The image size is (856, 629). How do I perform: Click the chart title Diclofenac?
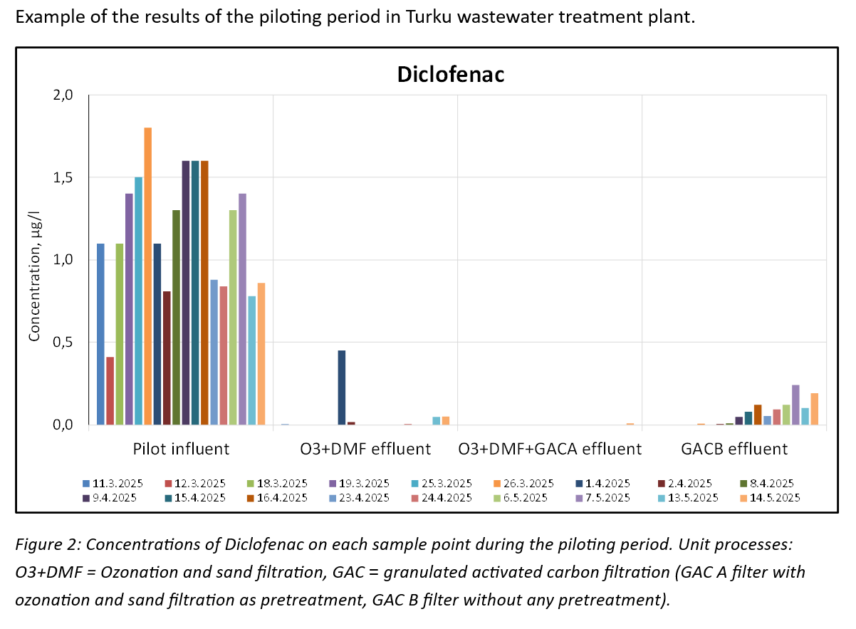click(x=450, y=75)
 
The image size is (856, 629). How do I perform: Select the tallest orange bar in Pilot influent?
click(x=147, y=276)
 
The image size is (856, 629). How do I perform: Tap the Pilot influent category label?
click(x=181, y=449)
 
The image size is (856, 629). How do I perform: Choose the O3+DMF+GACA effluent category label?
click(x=550, y=449)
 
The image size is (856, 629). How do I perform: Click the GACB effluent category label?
click(x=734, y=449)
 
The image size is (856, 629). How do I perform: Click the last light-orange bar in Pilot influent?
click(x=261, y=354)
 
